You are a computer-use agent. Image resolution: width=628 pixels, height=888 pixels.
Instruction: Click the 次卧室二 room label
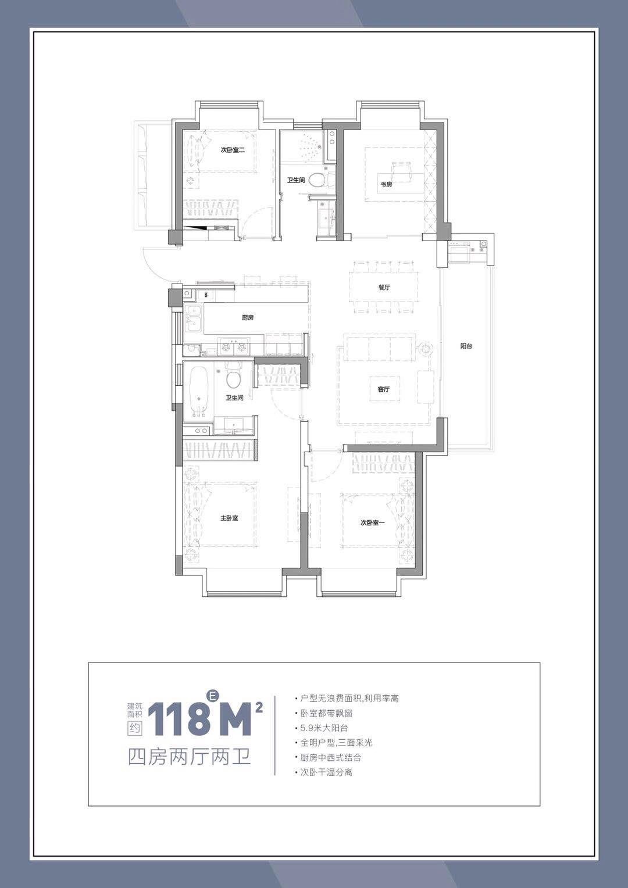(x=232, y=150)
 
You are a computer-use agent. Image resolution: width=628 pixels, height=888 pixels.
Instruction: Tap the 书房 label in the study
(x=387, y=184)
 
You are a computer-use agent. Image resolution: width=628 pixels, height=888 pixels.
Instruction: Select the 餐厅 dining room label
(x=384, y=287)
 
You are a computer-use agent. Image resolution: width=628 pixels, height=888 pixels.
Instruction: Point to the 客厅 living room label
(x=384, y=389)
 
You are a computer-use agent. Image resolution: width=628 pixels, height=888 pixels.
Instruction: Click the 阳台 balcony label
(x=466, y=346)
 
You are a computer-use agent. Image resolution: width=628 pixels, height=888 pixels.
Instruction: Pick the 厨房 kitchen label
(x=248, y=317)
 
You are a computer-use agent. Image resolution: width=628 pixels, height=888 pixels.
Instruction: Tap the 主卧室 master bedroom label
(x=229, y=518)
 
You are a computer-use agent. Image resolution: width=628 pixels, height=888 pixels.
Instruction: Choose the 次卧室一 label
(x=373, y=522)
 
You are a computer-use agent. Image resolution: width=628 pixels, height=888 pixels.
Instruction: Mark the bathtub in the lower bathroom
(x=198, y=392)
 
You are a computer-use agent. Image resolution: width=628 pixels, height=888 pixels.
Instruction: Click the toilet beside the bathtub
(x=234, y=377)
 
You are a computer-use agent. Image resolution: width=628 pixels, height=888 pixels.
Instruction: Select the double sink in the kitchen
(x=194, y=320)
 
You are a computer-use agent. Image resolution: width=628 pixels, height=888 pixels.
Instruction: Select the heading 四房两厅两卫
(x=190, y=756)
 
